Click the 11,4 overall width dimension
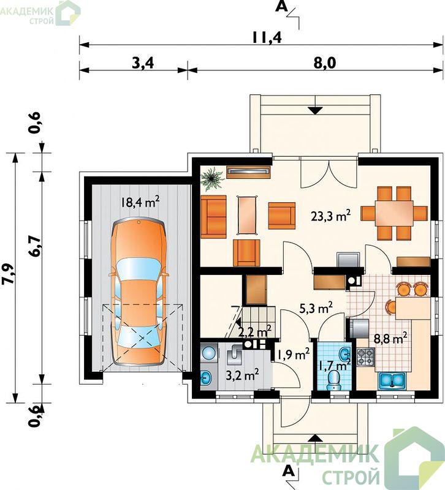[267, 37]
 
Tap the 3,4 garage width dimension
[143, 63]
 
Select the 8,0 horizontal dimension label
[324, 63]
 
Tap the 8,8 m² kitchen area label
[390, 338]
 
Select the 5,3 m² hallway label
[316, 308]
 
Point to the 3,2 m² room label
[242, 375]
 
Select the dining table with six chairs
[394, 213]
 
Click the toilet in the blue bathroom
[334, 380]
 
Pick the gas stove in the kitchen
[365, 357]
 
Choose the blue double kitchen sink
[392, 381]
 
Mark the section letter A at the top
[281, 7]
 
